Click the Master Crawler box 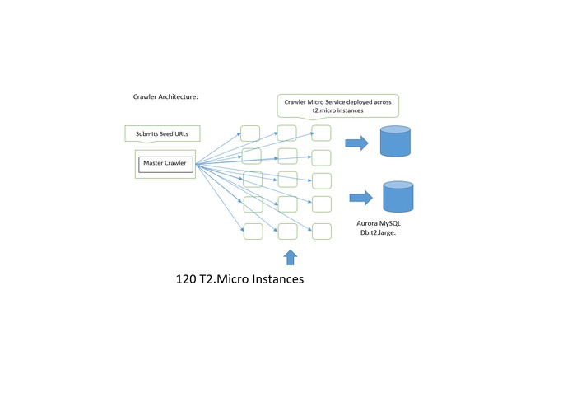pyautogui.click(x=165, y=163)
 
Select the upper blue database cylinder pyautogui.click(x=395, y=141)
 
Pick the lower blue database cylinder pyautogui.click(x=398, y=197)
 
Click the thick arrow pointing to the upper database pyautogui.click(x=356, y=143)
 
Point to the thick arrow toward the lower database pyautogui.click(x=360, y=197)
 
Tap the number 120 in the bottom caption pyautogui.click(x=187, y=279)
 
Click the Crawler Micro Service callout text pyautogui.click(x=337, y=105)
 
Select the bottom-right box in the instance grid pyautogui.click(x=321, y=230)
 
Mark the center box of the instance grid pyautogui.click(x=287, y=180)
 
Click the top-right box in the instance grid pyautogui.click(x=321, y=133)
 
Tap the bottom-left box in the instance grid pyautogui.click(x=253, y=230)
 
